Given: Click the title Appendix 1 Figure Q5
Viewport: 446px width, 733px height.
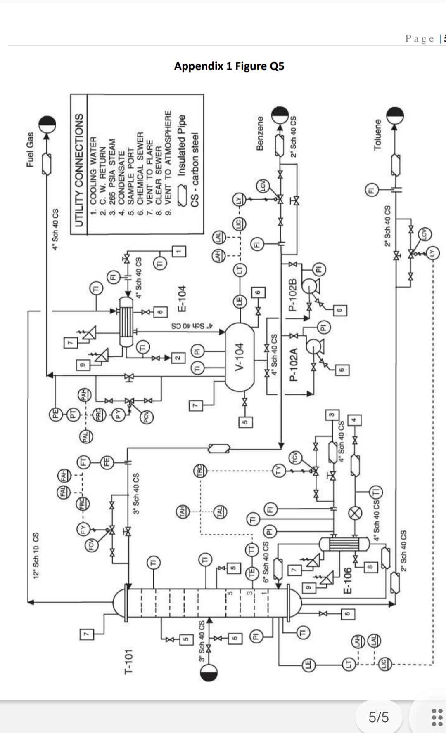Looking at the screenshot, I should click(x=229, y=66).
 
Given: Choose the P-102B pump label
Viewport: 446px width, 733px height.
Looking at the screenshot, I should click(x=292, y=295).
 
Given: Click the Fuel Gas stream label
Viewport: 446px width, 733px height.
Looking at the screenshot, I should click(x=30, y=149).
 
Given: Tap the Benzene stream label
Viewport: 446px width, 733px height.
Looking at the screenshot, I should click(x=260, y=133).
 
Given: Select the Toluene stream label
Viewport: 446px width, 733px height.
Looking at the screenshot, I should click(x=377, y=135).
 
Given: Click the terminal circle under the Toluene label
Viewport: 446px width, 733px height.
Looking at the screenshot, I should click(x=395, y=116).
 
